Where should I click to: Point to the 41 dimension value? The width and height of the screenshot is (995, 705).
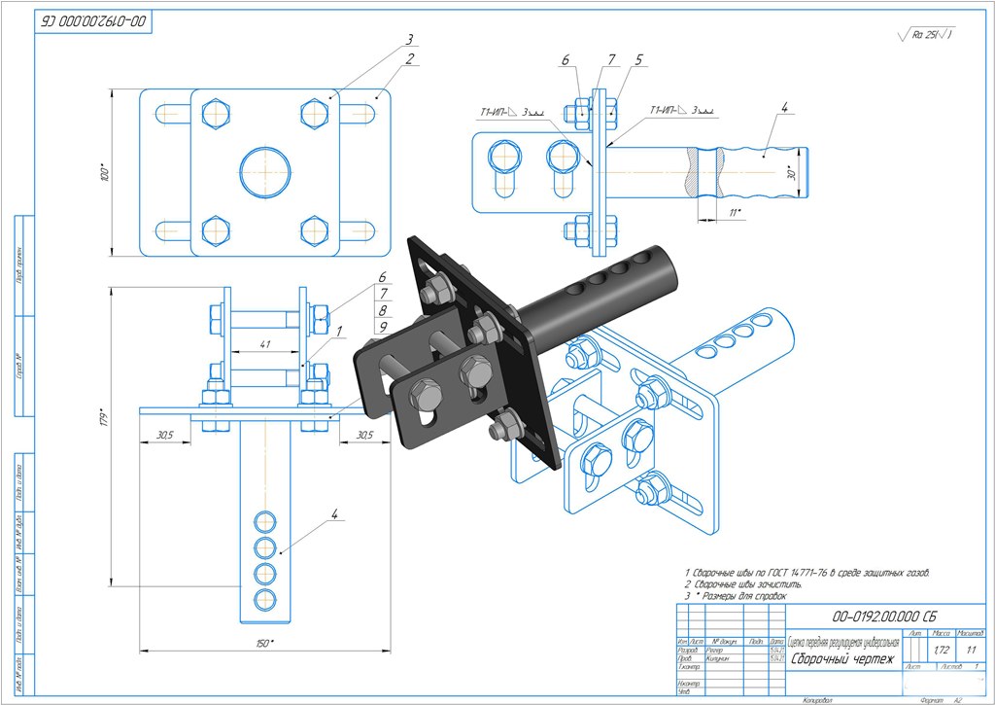pyautogui.click(x=265, y=344)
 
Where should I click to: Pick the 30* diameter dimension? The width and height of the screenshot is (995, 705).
pyautogui.click(x=791, y=173)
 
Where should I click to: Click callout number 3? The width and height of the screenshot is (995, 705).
pyautogui.click(x=410, y=40)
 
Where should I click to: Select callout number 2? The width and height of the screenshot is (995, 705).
pyautogui.click(x=411, y=59)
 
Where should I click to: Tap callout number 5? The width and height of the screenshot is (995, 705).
pyautogui.click(x=638, y=60)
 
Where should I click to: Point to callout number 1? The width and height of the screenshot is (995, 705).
pyautogui.click(x=338, y=332)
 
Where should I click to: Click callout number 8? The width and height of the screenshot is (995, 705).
pyautogui.click(x=384, y=309)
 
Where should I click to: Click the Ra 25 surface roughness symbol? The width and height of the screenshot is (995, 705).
pyautogui.click(x=929, y=34)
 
